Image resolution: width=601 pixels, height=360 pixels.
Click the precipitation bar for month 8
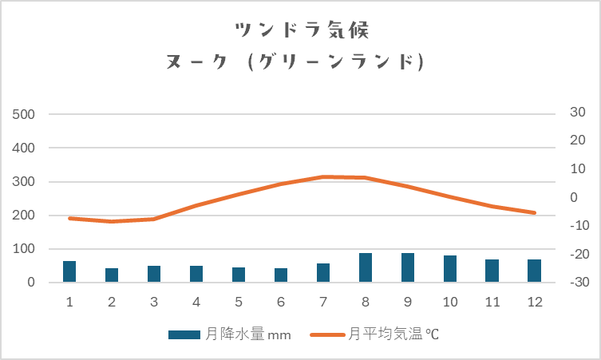click(366, 267)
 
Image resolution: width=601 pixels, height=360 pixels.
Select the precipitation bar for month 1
click(69, 271)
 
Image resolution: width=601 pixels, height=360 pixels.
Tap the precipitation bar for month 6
click(281, 275)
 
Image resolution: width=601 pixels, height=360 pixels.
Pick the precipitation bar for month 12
click(535, 271)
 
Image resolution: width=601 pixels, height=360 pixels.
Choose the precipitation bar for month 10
click(450, 269)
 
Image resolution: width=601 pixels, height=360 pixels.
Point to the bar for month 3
click(154, 274)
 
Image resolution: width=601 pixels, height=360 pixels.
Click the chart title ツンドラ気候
click(301, 30)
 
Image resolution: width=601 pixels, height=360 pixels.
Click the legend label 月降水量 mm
click(248, 335)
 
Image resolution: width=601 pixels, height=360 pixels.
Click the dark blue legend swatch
click(184, 335)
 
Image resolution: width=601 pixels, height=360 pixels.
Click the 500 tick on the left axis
click(25, 114)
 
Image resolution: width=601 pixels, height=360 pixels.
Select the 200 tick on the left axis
click(25, 216)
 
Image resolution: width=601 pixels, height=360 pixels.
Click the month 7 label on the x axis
click(323, 302)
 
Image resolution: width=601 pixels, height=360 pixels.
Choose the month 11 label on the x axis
click(492, 302)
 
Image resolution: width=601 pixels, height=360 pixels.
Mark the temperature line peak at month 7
click(323, 176)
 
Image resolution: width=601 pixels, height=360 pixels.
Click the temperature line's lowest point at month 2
click(112, 221)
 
